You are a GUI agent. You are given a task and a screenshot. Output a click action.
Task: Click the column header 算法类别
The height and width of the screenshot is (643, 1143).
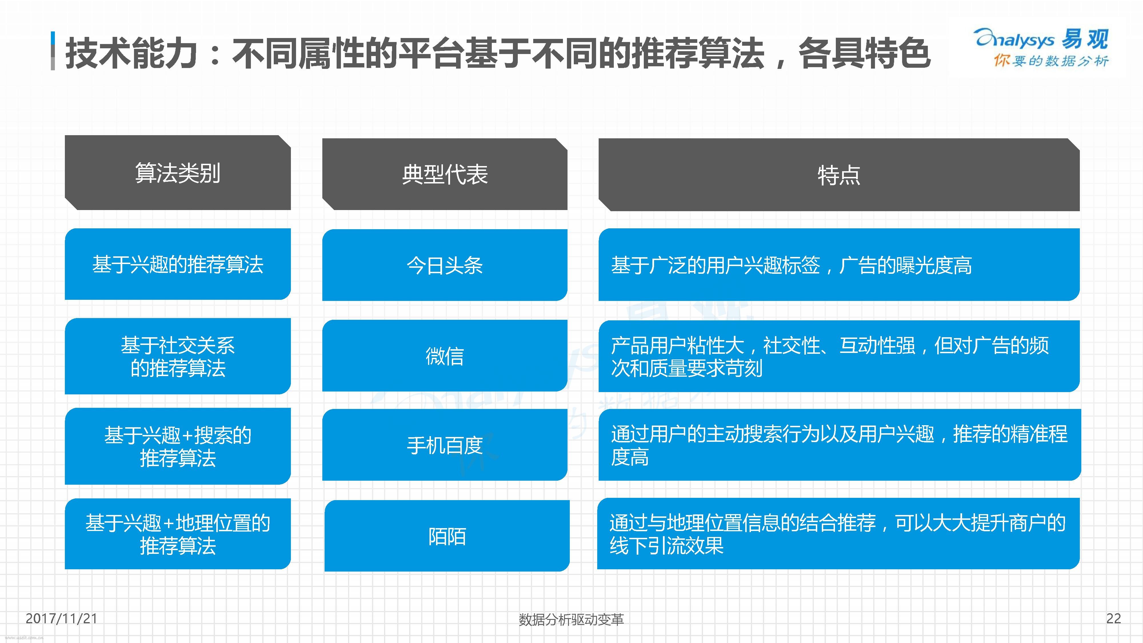(177, 173)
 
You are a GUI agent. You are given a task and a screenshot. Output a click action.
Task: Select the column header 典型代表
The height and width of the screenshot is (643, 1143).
(445, 174)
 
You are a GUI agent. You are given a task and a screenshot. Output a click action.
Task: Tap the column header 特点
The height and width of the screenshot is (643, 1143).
(839, 175)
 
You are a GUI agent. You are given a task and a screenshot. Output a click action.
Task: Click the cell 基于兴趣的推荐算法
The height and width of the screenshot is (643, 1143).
(177, 264)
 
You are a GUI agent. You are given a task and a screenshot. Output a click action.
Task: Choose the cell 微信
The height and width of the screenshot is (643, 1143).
(445, 356)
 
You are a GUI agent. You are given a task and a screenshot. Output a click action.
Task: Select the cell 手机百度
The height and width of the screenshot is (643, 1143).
(445, 445)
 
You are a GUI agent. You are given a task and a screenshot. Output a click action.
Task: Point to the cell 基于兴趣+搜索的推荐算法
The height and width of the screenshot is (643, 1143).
(177, 446)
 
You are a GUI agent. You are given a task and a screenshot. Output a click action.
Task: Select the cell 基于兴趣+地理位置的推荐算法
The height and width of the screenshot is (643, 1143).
(177, 534)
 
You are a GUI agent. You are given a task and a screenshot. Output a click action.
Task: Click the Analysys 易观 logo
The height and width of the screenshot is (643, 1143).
(1041, 39)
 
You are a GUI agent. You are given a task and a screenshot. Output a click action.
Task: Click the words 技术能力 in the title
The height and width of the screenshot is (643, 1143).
(131, 53)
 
